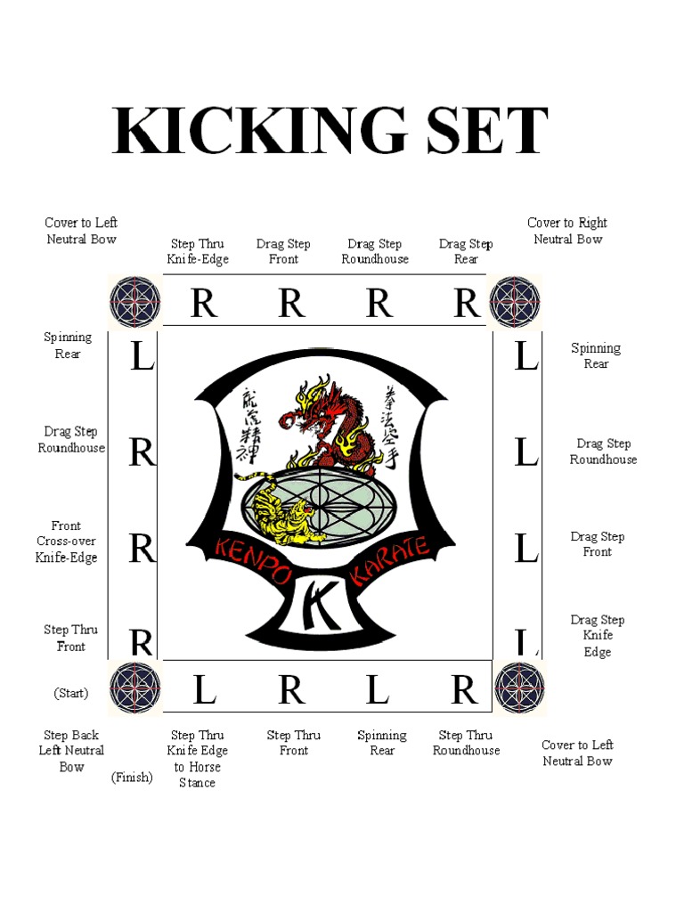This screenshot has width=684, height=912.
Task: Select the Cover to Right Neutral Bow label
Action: pos(567,231)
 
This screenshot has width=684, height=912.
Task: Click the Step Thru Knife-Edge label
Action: pos(198,251)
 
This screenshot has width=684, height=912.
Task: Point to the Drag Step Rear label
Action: pos(466,251)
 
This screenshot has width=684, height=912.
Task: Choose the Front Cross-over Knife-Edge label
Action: pos(67,541)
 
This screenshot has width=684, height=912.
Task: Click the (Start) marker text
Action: pos(71,693)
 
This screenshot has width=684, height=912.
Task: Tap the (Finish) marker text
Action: pos(132,778)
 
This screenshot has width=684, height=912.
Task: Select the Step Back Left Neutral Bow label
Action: pos(72,751)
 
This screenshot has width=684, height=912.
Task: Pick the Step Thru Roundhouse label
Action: pos(467,743)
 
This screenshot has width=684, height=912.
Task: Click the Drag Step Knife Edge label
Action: pos(598,636)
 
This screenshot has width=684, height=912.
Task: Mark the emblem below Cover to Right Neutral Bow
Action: pos(515,301)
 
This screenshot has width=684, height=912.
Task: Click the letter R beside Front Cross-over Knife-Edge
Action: pos(142,550)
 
